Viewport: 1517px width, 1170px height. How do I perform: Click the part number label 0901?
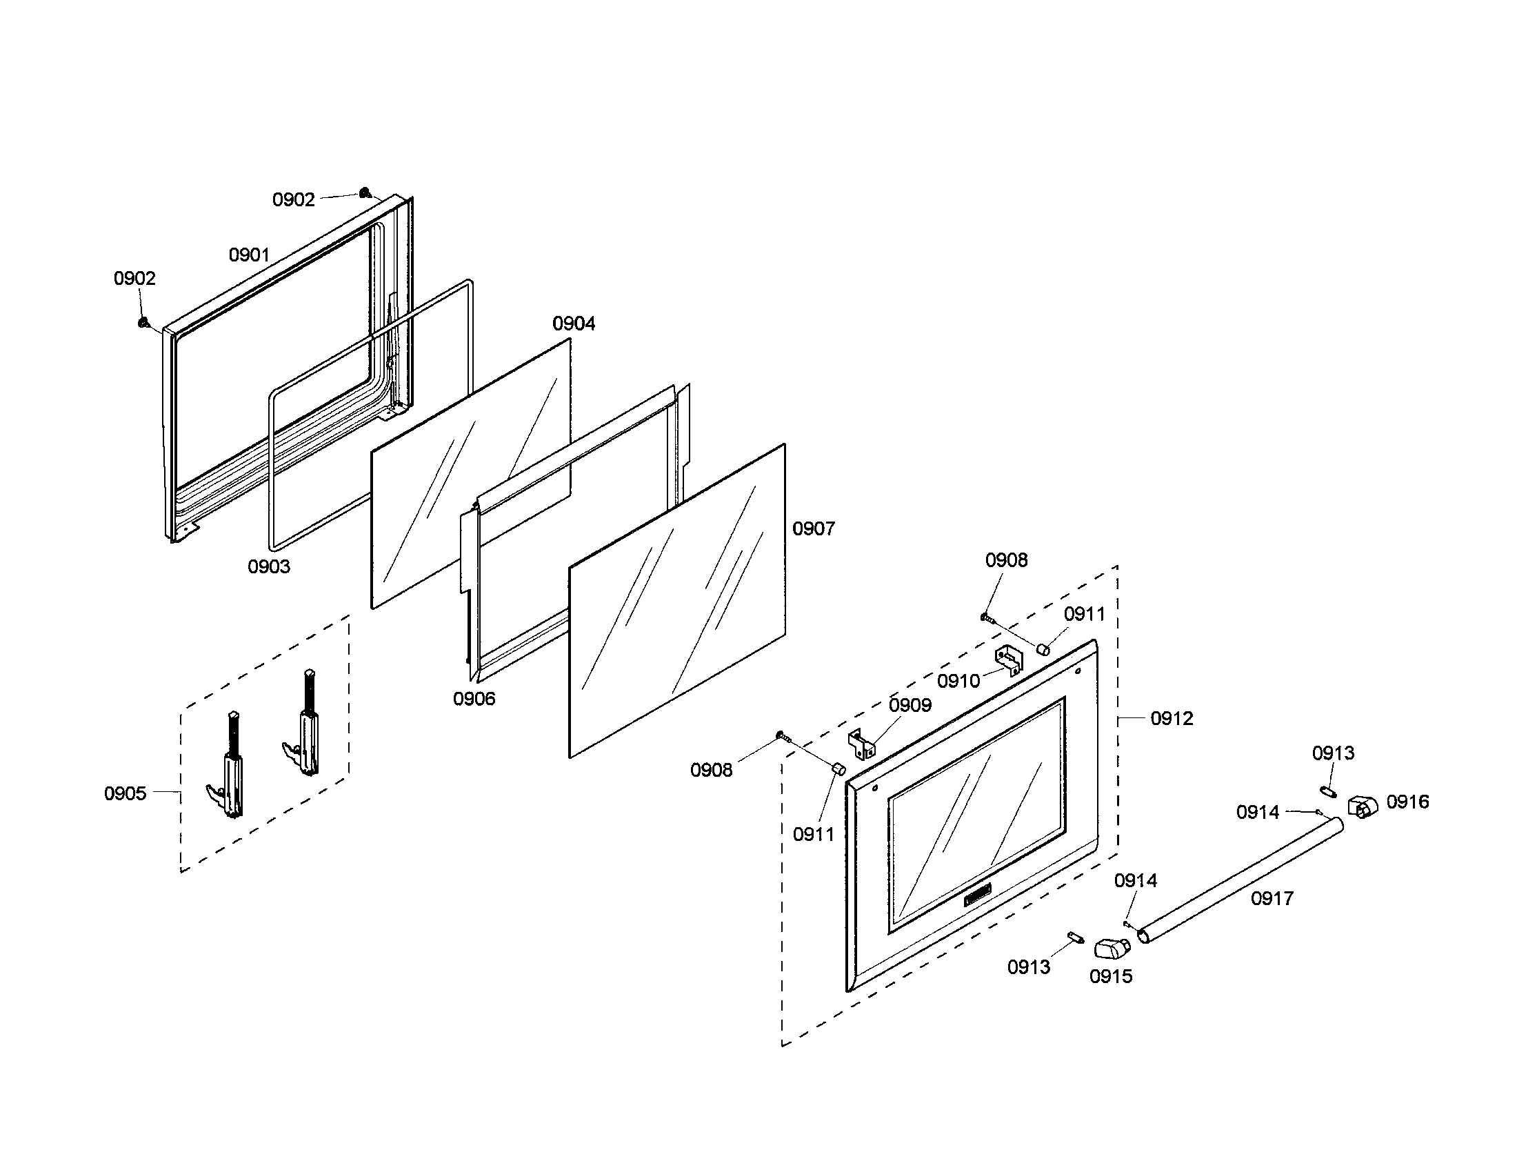click(x=249, y=255)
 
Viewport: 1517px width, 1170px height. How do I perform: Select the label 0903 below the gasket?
click(x=269, y=566)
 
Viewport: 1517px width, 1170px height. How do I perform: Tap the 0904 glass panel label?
click(x=574, y=323)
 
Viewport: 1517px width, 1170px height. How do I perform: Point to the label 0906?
click(x=474, y=699)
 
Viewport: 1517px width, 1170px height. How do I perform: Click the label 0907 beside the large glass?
click(x=814, y=528)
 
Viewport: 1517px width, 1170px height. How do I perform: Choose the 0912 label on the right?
click(x=1172, y=718)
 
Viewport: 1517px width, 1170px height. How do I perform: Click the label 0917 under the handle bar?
click(x=1272, y=898)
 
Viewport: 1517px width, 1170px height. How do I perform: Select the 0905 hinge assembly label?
click(x=125, y=793)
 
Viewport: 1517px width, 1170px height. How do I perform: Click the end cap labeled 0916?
click(x=1362, y=807)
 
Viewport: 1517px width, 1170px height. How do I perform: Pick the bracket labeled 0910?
click(x=1009, y=658)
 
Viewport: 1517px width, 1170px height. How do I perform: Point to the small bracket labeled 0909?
click(x=861, y=744)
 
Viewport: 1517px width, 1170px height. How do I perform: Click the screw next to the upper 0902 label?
click(x=364, y=192)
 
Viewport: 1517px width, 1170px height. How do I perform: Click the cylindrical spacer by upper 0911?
click(x=1043, y=649)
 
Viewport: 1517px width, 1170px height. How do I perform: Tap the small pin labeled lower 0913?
click(x=1076, y=938)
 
